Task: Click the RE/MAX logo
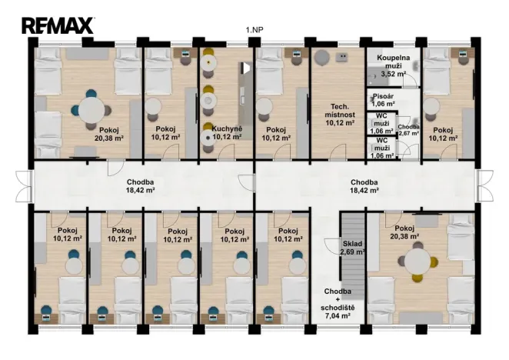tap(58, 25)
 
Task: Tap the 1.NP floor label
tap(254, 30)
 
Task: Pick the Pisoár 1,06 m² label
tap(383, 100)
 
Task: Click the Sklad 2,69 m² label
tap(353, 248)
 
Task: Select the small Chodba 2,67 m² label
tap(409, 130)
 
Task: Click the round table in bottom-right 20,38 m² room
tap(418, 262)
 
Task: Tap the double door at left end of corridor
tap(25, 186)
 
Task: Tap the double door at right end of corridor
tap(484, 186)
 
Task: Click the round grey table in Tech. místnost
tap(321, 58)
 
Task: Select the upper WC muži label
tap(382, 124)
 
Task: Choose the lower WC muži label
tap(382, 148)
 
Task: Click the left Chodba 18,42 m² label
tap(140, 186)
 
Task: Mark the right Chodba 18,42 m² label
tap(364, 186)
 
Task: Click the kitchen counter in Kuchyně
tap(245, 101)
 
